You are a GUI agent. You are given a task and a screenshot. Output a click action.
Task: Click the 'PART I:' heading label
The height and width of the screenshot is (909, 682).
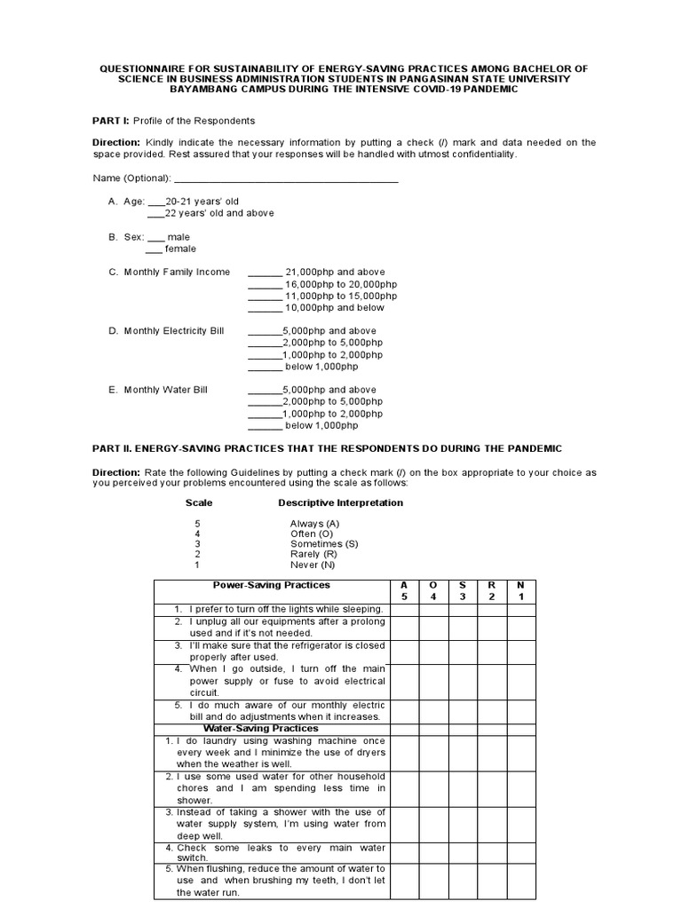(x=111, y=121)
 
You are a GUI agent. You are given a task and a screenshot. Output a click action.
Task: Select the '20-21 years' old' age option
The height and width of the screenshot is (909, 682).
(x=203, y=202)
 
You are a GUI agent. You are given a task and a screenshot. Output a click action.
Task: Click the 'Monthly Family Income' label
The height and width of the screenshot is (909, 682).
(x=177, y=273)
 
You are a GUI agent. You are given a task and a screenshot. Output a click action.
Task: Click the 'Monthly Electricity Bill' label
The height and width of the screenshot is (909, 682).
(x=174, y=331)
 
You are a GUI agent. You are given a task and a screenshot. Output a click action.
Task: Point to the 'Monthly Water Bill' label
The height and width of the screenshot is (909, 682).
(x=165, y=390)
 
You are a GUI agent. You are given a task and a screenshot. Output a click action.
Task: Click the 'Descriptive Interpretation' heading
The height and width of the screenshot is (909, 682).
(x=340, y=502)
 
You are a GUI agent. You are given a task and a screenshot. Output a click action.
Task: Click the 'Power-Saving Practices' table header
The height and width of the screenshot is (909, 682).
(x=272, y=585)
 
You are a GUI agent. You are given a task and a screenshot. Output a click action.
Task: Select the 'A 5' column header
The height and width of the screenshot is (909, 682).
(x=404, y=590)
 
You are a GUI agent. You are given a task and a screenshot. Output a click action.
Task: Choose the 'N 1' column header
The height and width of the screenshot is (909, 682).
(x=521, y=590)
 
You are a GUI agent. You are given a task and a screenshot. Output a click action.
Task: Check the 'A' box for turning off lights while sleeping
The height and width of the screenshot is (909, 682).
(x=404, y=609)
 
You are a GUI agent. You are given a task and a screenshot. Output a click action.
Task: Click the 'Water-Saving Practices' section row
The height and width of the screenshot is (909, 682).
(x=261, y=728)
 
